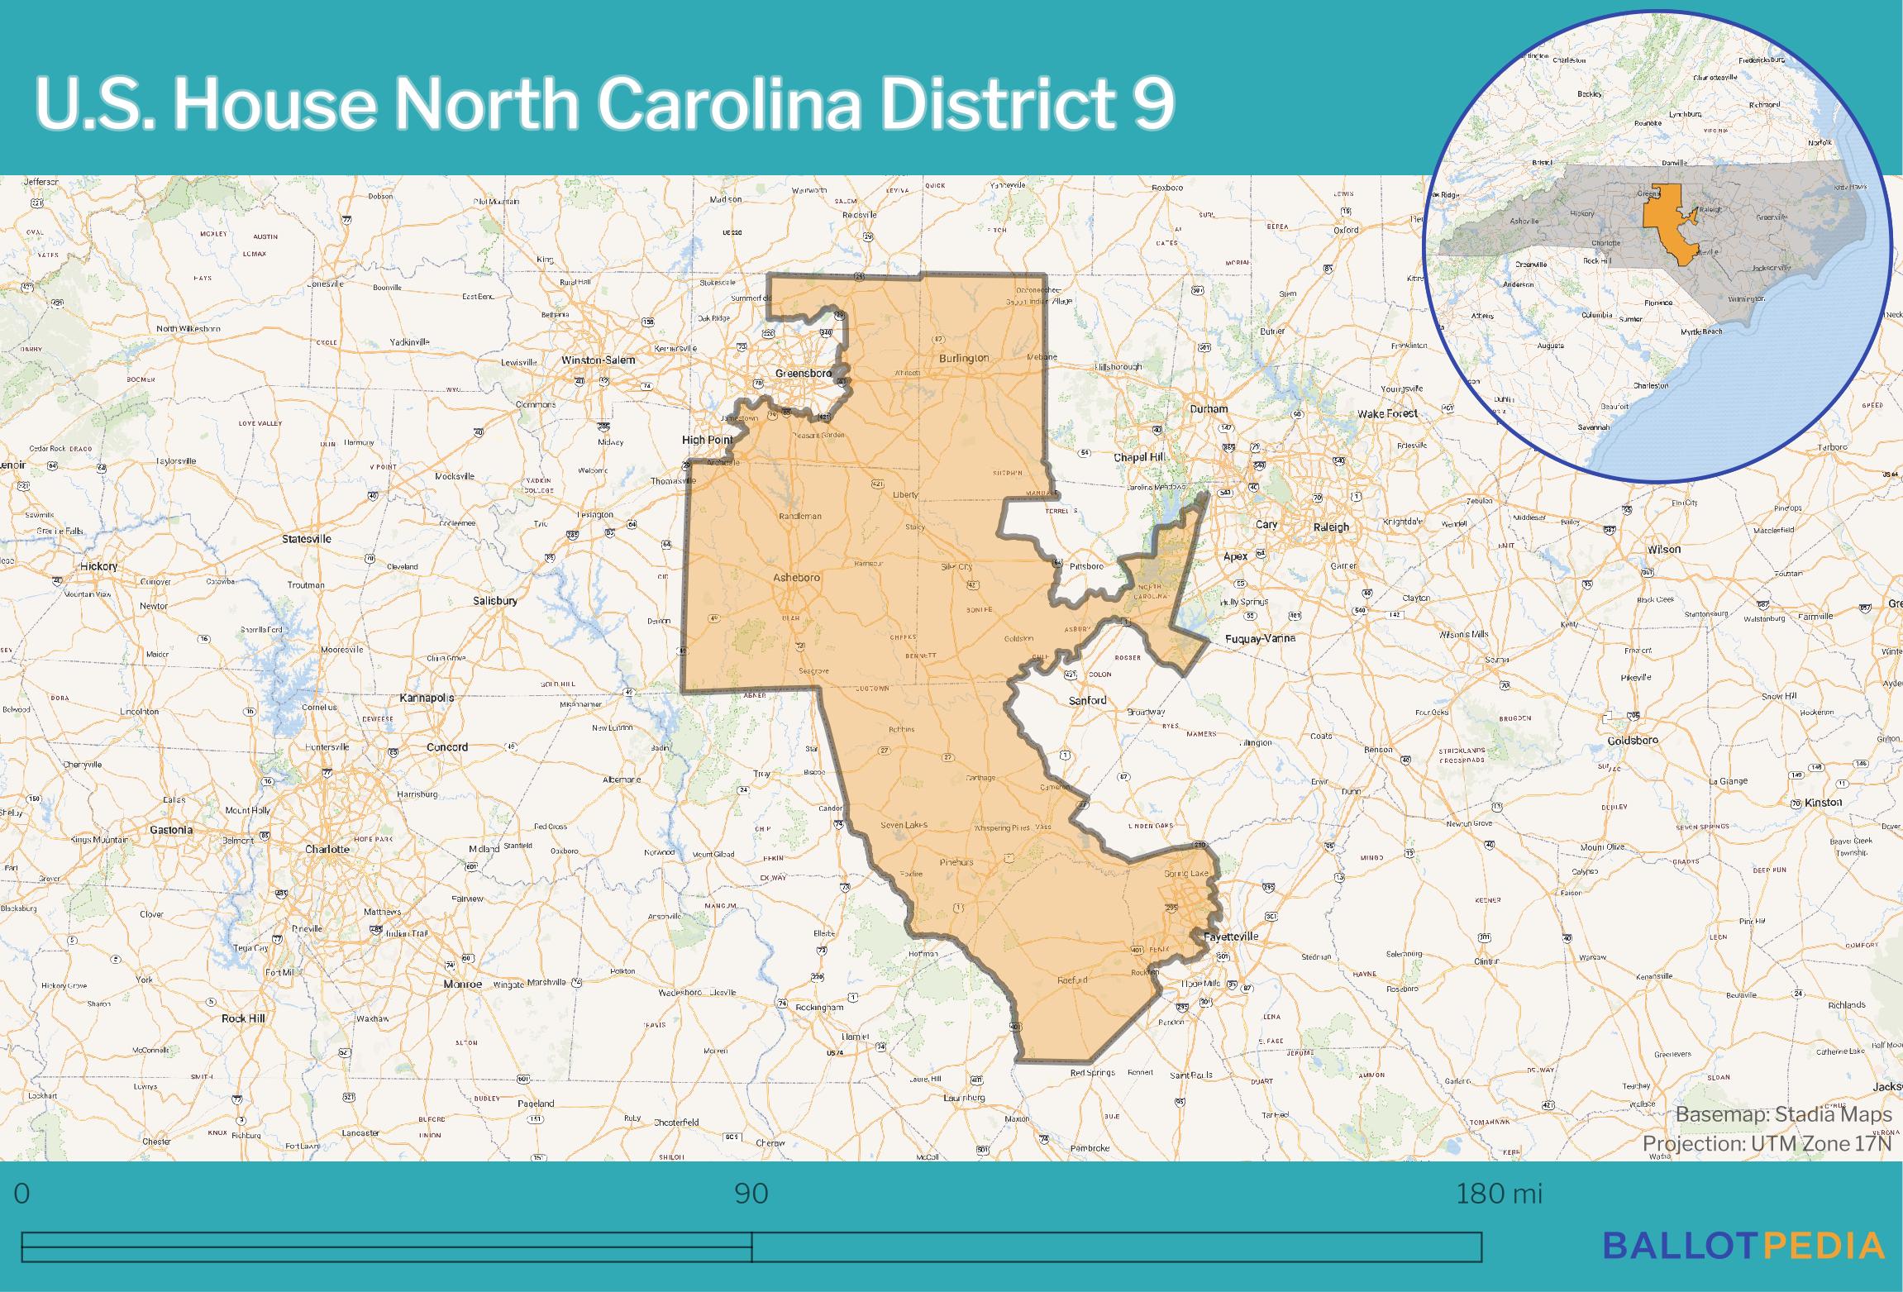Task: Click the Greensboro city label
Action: [803, 374]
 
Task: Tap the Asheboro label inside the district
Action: [796, 578]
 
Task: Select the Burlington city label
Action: [963, 359]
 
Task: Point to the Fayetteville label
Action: [1230, 937]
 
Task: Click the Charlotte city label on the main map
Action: [327, 849]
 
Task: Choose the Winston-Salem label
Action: [598, 360]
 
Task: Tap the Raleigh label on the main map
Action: [1331, 527]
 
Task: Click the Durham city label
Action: [1209, 409]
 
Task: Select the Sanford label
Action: [1087, 700]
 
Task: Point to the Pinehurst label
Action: [956, 862]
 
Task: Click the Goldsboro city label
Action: [1633, 741]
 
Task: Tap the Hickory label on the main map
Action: [99, 566]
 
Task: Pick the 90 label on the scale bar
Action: [751, 1194]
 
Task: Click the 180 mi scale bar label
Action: [1499, 1194]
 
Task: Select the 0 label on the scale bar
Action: [22, 1194]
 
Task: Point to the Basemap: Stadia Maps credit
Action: [1783, 1115]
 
